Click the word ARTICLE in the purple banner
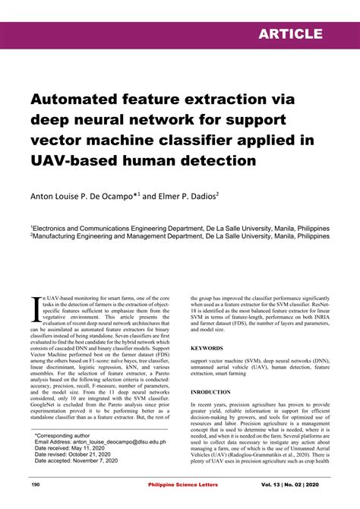[x=289, y=34]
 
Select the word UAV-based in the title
[x=71, y=160]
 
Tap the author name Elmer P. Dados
[x=182, y=195]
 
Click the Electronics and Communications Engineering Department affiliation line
[x=181, y=228]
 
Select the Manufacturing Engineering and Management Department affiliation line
[x=181, y=236]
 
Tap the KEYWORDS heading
[x=207, y=348]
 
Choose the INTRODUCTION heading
[x=210, y=393]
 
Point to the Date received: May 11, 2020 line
[x=74, y=449]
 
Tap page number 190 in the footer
[x=35, y=484]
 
